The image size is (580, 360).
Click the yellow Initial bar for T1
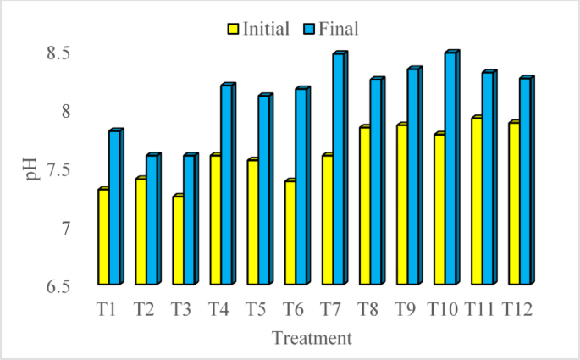coord(102,236)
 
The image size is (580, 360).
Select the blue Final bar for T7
coord(338,169)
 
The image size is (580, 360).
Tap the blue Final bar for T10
coord(450,169)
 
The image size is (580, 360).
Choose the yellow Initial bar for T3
coord(177,241)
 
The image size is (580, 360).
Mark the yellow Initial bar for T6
coord(289,233)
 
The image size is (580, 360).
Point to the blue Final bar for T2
coord(152,220)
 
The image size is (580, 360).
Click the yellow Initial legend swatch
coord(233,29)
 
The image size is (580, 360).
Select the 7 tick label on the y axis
coord(66,228)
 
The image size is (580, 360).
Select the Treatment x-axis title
coord(311,339)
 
